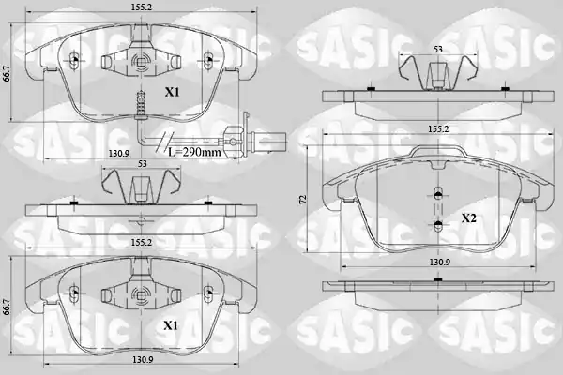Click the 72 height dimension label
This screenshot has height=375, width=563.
point(302,200)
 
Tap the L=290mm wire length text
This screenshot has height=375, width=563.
point(194,152)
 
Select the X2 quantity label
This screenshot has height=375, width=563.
point(469,217)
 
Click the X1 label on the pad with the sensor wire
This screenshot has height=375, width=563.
point(172,92)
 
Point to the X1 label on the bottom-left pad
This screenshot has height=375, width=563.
point(171,325)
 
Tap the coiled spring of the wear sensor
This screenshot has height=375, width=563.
point(141,102)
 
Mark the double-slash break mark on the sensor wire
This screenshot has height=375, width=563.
point(163,141)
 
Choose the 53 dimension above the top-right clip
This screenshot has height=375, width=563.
point(437,49)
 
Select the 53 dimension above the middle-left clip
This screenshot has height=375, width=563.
point(143,164)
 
